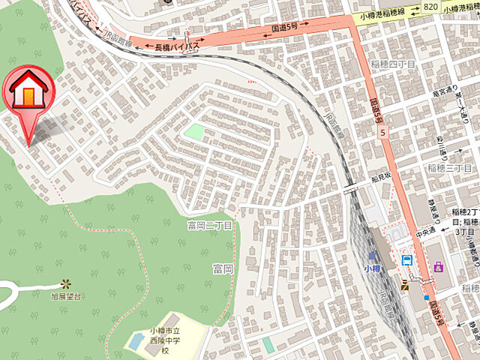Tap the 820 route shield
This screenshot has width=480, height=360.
pos(430,6)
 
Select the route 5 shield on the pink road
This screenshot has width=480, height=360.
pos(382,133)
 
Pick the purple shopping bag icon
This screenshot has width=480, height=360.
pos(438,266)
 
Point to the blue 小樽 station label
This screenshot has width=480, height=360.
pos(373,268)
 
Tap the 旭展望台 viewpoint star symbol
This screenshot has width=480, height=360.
pos(66,283)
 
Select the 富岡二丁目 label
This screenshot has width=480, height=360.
pos(210,225)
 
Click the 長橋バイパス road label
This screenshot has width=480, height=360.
pos(173,46)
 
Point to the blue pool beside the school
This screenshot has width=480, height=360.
pos(136,341)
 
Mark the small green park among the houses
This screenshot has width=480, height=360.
pos(194,132)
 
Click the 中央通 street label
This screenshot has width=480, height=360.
pos(425,230)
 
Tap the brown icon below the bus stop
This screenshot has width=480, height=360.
pos(406,283)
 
